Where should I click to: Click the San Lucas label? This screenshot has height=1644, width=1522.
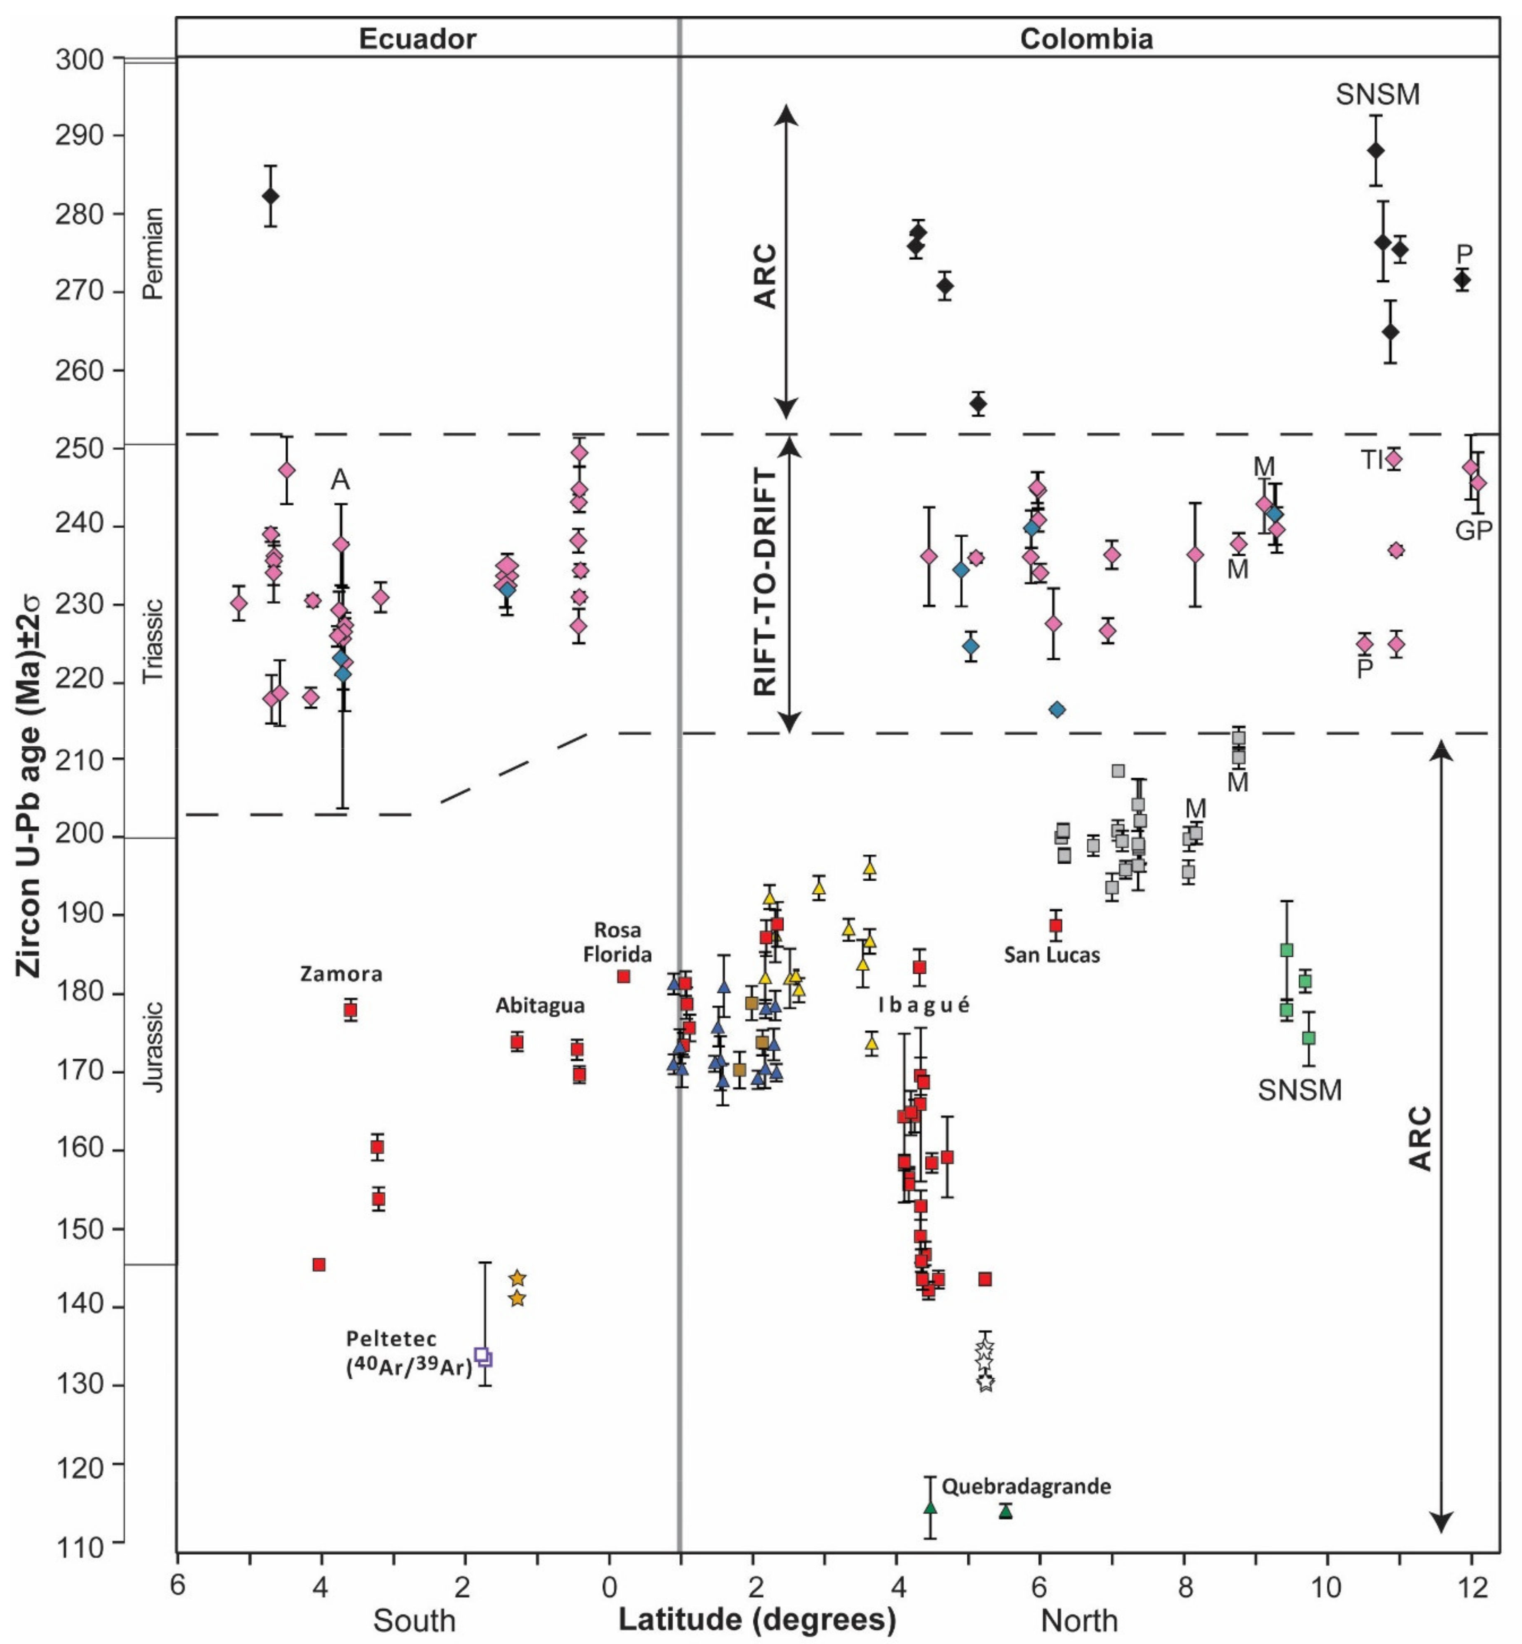coord(1052,955)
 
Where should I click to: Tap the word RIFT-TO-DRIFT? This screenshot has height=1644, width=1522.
coord(766,583)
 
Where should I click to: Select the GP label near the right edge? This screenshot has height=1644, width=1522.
coord(1473,531)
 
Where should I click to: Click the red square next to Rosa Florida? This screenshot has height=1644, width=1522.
coord(623,976)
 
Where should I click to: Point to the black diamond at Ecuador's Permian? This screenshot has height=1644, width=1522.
coord(270,196)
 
